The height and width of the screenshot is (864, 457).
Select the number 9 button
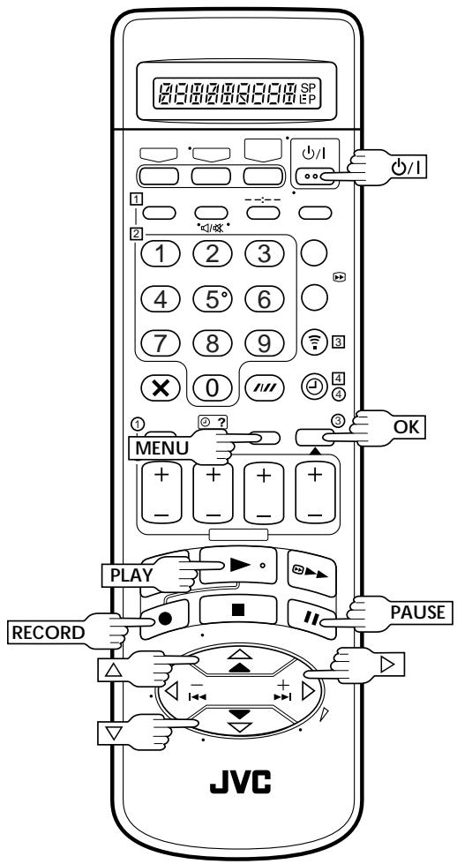tap(264, 343)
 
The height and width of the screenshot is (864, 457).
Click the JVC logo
tap(240, 781)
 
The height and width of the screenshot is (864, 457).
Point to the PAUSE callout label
tap(417, 612)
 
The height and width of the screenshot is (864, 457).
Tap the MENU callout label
tap(161, 448)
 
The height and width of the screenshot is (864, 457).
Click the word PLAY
tap(131, 575)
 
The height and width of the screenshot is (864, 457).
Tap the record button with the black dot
tap(164, 619)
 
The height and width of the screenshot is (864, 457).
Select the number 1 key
tap(161, 253)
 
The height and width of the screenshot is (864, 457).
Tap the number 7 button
tap(161, 343)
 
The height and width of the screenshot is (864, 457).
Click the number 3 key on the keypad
tap(264, 253)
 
